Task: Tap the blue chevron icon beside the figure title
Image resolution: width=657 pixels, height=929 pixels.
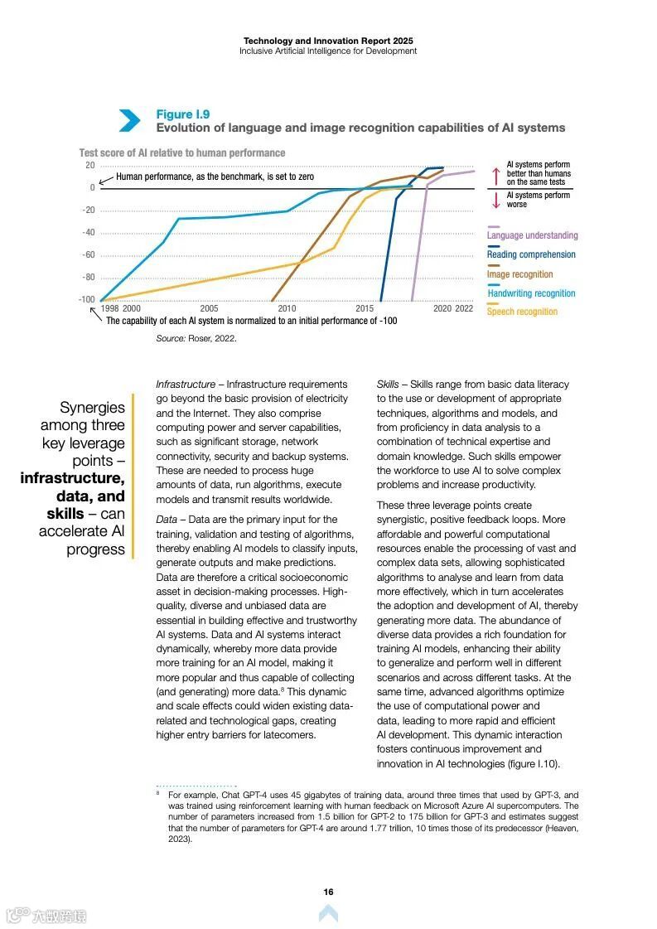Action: point(129,121)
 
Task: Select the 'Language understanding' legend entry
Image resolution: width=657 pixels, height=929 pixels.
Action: point(532,235)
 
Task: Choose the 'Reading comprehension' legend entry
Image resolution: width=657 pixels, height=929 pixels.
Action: point(530,254)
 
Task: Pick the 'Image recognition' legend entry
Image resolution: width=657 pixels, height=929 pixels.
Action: point(519,274)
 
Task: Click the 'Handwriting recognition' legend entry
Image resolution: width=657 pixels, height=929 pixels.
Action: point(530,293)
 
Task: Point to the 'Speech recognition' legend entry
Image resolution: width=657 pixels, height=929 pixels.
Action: point(522,312)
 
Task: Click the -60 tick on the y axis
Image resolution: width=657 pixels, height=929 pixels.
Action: point(88,255)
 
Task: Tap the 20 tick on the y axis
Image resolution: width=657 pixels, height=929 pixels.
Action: point(89,166)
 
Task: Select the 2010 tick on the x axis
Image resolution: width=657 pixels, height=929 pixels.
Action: point(287,308)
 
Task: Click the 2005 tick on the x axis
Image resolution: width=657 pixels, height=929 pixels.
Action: point(209,308)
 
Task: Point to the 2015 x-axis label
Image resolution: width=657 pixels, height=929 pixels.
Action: point(365,308)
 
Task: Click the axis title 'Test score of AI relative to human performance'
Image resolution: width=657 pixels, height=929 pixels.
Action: point(182,153)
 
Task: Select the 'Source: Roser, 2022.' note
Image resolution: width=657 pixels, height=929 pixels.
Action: point(196,339)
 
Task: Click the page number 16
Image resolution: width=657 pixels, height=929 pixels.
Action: point(328,892)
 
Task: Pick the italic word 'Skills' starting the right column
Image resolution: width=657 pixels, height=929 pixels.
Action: point(388,385)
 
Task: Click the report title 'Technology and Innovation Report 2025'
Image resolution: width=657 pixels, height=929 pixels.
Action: point(328,41)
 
